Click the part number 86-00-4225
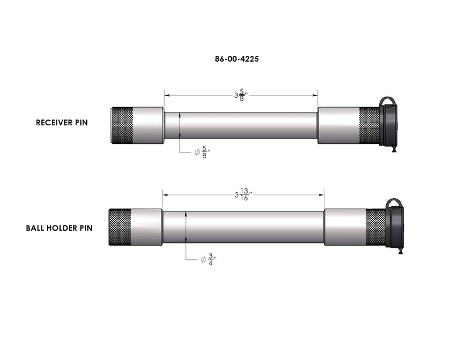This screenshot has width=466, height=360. click(236, 59)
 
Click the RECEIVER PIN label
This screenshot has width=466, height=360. click(62, 122)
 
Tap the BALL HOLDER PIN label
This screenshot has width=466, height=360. click(59, 228)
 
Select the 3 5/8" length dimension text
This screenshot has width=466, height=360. click(241, 95)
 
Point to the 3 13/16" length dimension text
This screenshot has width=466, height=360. click(243, 195)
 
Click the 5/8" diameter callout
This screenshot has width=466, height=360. click(202, 152)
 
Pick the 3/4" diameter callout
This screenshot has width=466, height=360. click(209, 260)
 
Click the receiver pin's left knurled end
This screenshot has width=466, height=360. click(122, 125)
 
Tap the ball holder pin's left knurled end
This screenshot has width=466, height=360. click(120, 227)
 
